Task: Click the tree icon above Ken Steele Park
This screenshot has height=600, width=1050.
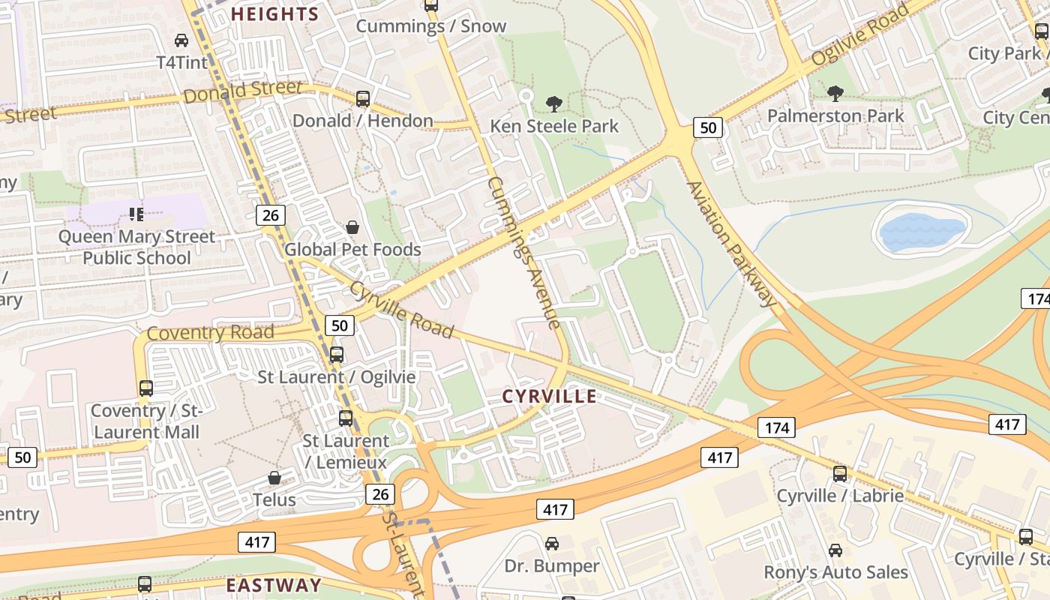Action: pos(554,103)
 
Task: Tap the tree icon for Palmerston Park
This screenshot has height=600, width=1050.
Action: pos(835,94)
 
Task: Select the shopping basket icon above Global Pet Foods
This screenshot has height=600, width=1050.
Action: pos(352,227)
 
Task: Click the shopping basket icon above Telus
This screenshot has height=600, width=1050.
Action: pos(274,478)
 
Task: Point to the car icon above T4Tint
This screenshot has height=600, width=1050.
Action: pos(181,40)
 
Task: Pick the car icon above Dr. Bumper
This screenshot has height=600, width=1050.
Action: pos(552,543)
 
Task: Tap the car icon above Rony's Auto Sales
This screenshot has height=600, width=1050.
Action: pos(835,550)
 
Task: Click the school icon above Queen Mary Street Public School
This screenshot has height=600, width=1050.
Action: pos(136,215)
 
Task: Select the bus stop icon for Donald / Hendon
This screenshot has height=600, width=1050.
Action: pos(362,98)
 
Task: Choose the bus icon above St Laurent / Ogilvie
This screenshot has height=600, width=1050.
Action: pos(337,354)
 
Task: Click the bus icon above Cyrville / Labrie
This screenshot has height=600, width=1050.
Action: pos(840,473)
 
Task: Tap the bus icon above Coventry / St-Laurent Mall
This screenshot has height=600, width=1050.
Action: pos(145,388)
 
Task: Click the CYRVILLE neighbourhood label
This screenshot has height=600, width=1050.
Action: pos(550,396)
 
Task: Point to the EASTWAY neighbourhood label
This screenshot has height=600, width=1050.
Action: pos(274,585)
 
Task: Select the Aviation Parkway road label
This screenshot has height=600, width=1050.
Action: pos(731,244)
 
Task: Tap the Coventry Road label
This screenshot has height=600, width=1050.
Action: pos(211,332)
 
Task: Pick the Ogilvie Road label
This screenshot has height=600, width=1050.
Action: pos(860,34)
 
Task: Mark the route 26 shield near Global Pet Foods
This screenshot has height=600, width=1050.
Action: pos(271,215)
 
